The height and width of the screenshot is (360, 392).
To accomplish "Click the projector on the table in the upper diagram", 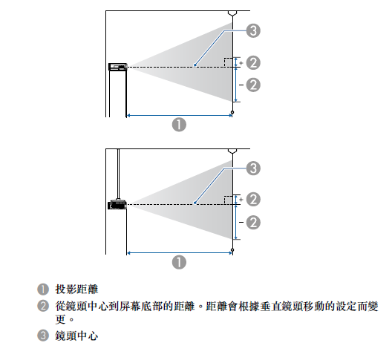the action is pyautogui.click(x=117, y=67).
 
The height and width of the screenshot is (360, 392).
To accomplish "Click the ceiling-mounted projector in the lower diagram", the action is pyautogui.click(x=117, y=205).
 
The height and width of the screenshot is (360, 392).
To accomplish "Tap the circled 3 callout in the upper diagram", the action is pyautogui.click(x=253, y=30).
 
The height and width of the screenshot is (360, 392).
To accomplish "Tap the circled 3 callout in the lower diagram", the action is pyautogui.click(x=253, y=168).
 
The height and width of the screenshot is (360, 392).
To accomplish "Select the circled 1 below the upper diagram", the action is pyautogui.click(x=179, y=125).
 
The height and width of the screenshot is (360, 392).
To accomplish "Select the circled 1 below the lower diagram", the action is pyautogui.click(x=179, y=262).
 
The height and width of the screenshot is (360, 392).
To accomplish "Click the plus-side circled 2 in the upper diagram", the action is pyautogui.click(x=253, y=62).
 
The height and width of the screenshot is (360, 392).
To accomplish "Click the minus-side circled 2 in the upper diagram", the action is pyautogui.click(x=253, y=85).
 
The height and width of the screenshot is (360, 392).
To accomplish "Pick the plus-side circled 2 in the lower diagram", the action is pyautogui.click(x=253, y=199).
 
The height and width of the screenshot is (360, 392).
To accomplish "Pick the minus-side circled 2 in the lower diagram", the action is pyautogui.click(x=253, y=223).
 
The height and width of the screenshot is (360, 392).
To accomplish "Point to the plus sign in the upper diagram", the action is pyautogui.click(x=241, y=63).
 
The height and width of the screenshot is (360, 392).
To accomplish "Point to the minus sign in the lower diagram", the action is pyautogui.click(x=241, y=222).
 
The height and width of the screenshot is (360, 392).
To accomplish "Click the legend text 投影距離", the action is pyautogui.click(x=76, y=289).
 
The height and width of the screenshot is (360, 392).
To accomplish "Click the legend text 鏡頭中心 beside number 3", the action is pyautogui.click(x=76, y=336).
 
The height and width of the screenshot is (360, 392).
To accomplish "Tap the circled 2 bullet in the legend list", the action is pyautogui.click(x=43, y=306).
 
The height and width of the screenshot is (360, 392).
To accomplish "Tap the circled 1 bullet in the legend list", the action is pyautogui.click(x=43, y=289).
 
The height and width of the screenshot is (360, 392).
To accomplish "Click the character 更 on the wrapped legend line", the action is pyautogui.click(x=60, y=319).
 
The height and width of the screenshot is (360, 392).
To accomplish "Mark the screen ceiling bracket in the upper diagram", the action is pyautogui.click(x=232, y=13).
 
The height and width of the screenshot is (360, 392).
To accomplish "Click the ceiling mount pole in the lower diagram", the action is pyautogui.click(x=118, y=172).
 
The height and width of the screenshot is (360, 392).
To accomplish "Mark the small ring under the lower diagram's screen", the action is pyautogui.click(x=232, y=250).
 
